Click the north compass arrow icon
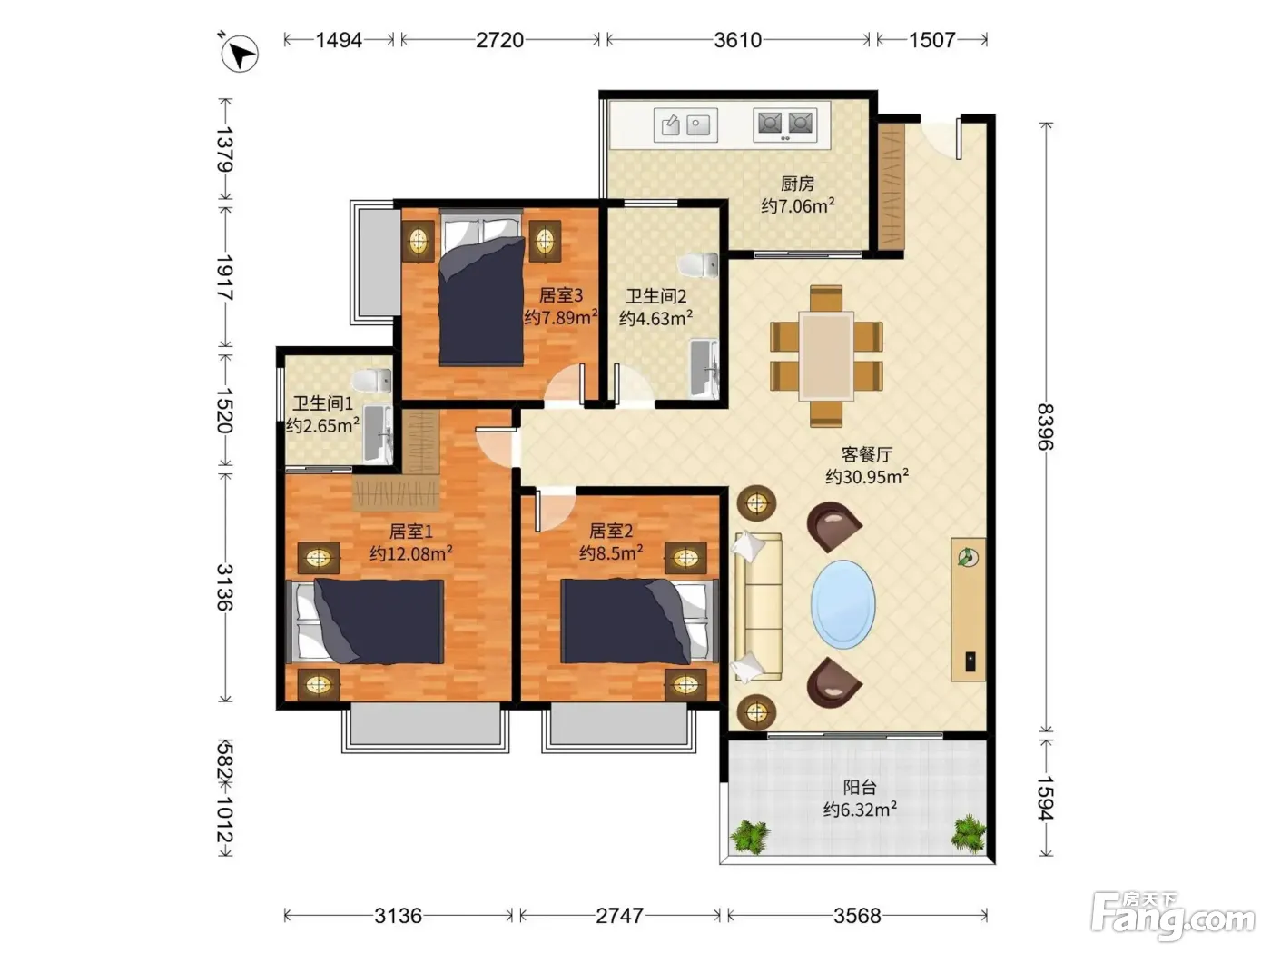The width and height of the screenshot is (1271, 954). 239,54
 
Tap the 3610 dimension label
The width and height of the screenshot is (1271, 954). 737,40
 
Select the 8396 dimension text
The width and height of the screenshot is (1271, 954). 1045,427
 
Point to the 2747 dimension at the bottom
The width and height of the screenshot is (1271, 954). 619,915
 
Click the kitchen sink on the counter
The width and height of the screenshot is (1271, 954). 685,124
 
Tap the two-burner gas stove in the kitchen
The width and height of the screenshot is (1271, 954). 785,124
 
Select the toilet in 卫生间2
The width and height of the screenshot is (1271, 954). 698,265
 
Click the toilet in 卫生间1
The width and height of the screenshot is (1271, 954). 372,381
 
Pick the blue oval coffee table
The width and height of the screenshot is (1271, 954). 842,604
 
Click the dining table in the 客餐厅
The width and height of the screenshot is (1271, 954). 826,355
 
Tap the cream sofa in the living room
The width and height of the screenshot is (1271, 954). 757,606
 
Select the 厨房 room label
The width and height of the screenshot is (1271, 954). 797,184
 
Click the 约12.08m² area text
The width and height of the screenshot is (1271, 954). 411,553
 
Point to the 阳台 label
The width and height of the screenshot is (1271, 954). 860,787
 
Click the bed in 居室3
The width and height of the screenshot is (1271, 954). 482,289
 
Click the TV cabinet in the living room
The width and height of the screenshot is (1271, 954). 968,610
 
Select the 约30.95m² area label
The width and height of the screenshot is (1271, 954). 867,476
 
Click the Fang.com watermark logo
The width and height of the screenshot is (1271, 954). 1173,917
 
